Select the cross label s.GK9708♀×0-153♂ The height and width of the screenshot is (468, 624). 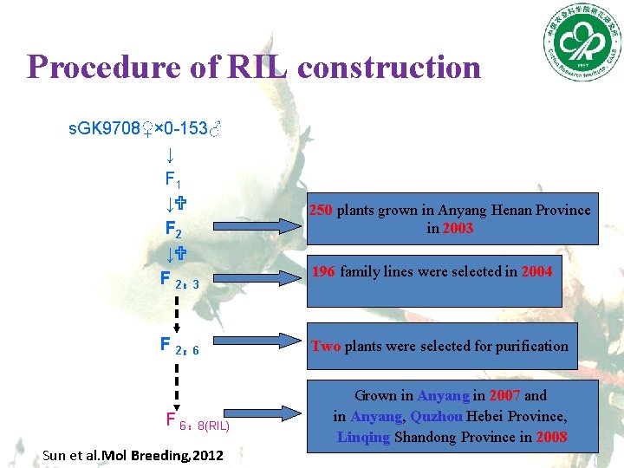pyautogui.click(x=146, y=129)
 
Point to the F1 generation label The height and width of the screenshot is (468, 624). pyautogui.click(x=173, y=180)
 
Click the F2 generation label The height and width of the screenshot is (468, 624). pyautogui.click(x=173, y=231)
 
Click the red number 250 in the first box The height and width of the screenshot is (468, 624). pyautogui.click(x=322, y=210)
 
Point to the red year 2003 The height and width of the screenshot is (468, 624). pyautogui.click(x=458, y=229)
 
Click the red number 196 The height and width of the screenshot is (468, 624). pyautogui.click(x=324, y=271)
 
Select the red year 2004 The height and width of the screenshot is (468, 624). pyautogui.click(x=536, y=271)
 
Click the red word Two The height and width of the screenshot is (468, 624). pyautogui.click(x=326, y=346)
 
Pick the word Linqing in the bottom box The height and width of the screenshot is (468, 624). pyautogui.click(x=363, y=437)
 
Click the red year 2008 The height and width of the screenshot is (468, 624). pyautogui.click(x=551, y=437)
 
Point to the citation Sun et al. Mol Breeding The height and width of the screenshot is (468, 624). pyautogui.click(x=133, y=455)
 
